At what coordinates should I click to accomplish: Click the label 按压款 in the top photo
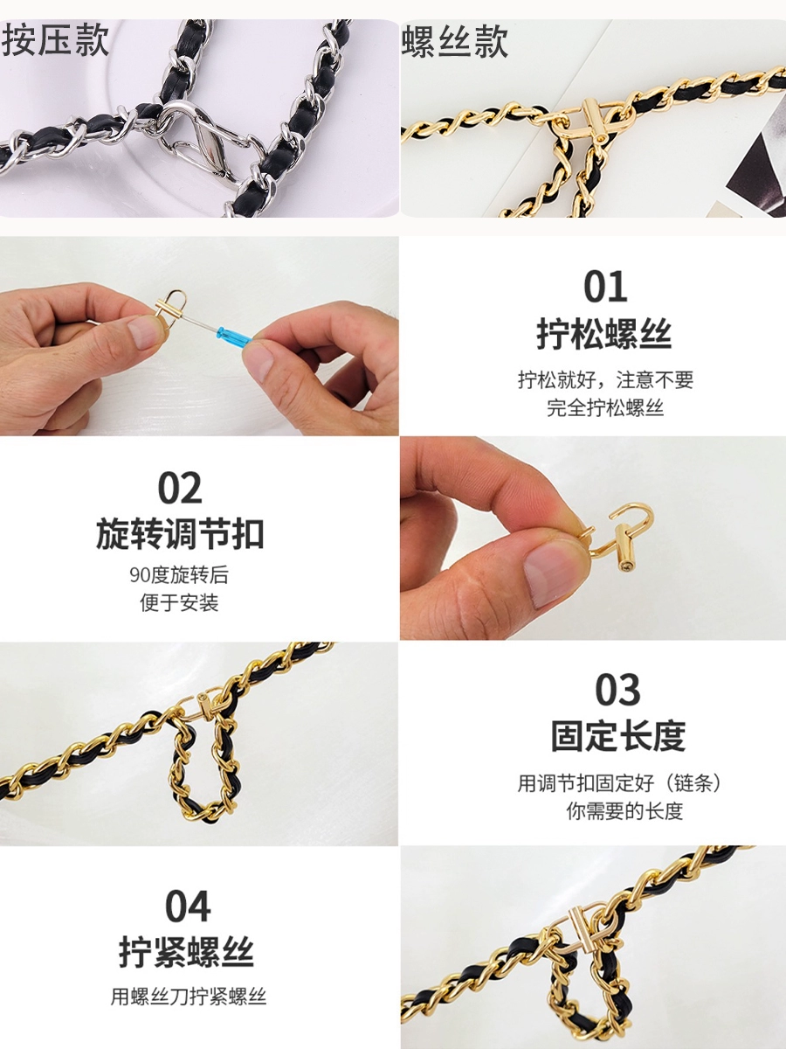click(x=55, y=40)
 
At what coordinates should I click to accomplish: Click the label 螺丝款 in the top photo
click(x=455, y=42)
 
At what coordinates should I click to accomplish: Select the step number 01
click(x=605, y=286)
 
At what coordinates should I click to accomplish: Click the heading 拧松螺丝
click(x=604, y=335)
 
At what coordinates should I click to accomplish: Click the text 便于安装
click(x=179, y=602)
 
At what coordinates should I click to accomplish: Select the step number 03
click(x=617, y=690)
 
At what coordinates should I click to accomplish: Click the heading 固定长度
click(x=618, y=736)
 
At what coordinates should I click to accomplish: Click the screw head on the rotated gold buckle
click(x=625, y=567)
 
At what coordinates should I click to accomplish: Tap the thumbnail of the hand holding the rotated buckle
click(x=593, y=538)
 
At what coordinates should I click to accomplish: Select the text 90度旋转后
click(x=178, y=574)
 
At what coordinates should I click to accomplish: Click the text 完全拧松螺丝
click(x=605, y=407)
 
